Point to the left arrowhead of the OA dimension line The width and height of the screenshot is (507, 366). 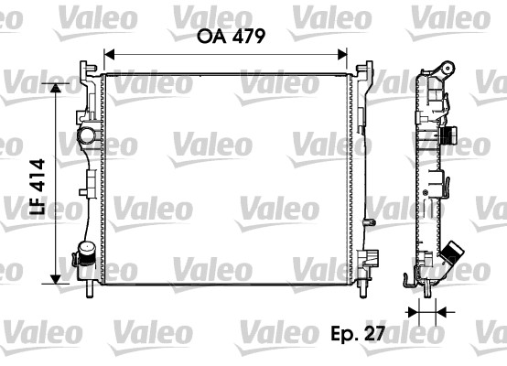(x=108, y=53)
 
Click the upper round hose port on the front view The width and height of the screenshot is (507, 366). (x=88, y=137)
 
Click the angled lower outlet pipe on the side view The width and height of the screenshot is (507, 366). (x=452, y=255)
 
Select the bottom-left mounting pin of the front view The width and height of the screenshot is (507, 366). (x=91, y=291)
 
